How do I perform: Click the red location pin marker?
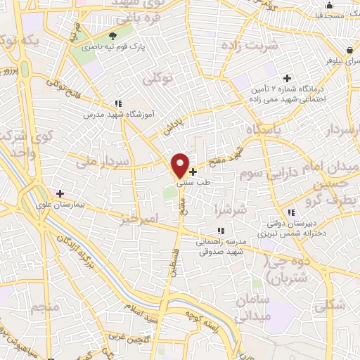point(181,165)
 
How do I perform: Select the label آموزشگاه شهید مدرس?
point(115,113)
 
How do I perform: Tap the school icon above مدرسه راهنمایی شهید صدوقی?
point(221,230)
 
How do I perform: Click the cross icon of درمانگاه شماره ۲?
point(286,78)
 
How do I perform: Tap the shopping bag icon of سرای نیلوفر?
point(350,50)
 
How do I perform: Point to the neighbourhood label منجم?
point(44,307)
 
